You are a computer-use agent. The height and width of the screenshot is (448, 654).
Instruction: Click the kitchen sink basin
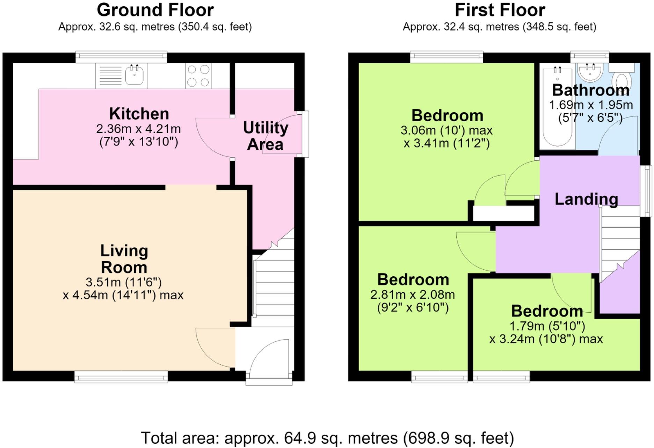(x=135, y=75)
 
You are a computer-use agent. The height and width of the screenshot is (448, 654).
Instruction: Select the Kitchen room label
(x=139, y=114)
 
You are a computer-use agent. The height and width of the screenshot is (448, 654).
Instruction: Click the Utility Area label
(x=266, y=136)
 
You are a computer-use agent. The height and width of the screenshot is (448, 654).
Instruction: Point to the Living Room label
(x=124, y=259)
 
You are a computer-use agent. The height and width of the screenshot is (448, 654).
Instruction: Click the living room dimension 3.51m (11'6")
(x=124, y=282)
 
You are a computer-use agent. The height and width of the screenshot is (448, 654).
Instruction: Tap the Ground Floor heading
(x=155, y=10)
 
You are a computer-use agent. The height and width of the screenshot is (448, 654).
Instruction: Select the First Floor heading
(x=500, y=10)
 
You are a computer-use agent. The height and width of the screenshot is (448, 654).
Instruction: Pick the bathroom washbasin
(x=590, y=72)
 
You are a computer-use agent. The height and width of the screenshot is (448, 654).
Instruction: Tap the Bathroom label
(x=591, y=90)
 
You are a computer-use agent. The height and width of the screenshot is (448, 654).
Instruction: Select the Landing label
(x=586, y=199)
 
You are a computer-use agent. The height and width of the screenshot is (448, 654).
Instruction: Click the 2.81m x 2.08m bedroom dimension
(x=413, y=295)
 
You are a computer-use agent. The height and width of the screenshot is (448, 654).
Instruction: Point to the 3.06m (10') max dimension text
(x=446, y=130)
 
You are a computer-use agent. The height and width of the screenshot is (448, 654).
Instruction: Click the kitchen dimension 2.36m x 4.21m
(x=138, y=129)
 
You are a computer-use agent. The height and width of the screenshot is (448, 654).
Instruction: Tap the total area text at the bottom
(x=327, y=438)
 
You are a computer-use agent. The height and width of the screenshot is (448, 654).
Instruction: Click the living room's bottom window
(x=121, y=377)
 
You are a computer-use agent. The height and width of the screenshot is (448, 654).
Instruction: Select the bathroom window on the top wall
(x=590, y=57)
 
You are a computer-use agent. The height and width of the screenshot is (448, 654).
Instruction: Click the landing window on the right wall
(x=646, y=191)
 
